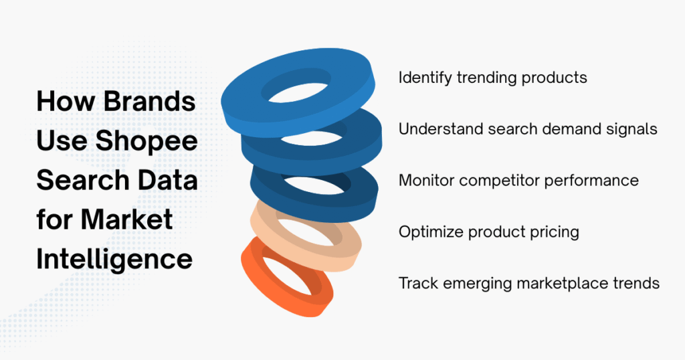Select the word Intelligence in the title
pyautogui.click(x=114, y=258)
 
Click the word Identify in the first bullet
pyautogui.click(x=425, y=78)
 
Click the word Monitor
pyautogui.click(x=425, y=181)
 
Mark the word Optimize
pyautogui.click(x=429, y=232)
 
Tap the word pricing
pyautogui.click(x=555, y=232)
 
